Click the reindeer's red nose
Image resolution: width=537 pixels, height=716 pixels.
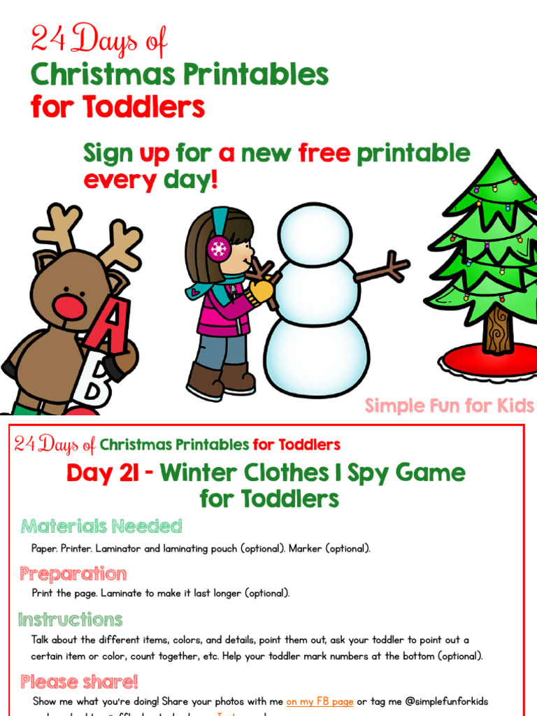(x=69, y=307)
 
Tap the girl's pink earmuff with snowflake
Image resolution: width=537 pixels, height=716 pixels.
(x=219, y=249)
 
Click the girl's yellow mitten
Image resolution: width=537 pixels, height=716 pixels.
(x=261, y=289)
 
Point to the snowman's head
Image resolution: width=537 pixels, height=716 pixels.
(x=311, y=234)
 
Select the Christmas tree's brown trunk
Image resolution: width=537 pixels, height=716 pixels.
(x=498, y=329)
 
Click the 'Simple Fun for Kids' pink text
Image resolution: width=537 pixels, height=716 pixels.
(x=450, y=406)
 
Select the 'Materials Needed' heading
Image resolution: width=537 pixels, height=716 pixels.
(x=101, y=526)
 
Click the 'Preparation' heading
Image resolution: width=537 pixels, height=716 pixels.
(x=73, y=574)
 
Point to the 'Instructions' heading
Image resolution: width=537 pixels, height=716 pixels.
(x=70, y=620)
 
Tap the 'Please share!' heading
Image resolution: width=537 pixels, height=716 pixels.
(x=79, y=682)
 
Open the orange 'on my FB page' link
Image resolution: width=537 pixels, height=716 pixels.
(x=320, y=701)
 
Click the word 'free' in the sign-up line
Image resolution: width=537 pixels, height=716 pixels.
(x=324, y=153)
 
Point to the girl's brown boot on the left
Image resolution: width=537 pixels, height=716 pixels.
(x=203, y=381)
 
